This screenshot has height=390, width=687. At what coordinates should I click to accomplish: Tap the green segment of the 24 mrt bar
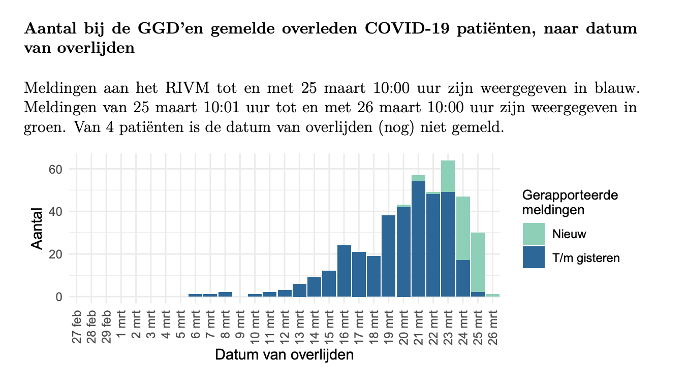click(x=462, y=228)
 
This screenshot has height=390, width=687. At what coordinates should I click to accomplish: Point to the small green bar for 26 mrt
click(x=492, y=295)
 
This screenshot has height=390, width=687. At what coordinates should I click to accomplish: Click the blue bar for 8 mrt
click(x=225, y=294)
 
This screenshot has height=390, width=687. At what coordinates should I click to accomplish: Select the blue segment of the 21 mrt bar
click(x=418, y=239)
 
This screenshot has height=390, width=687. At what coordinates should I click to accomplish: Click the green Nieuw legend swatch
click(x=534, y=234)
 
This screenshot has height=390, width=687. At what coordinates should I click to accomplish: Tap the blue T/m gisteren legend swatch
click(x=534, y=257)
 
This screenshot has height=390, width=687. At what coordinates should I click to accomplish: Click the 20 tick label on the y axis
click(x=54, y=254)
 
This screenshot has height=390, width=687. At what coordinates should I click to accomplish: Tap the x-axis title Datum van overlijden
click(x=284, y=354)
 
